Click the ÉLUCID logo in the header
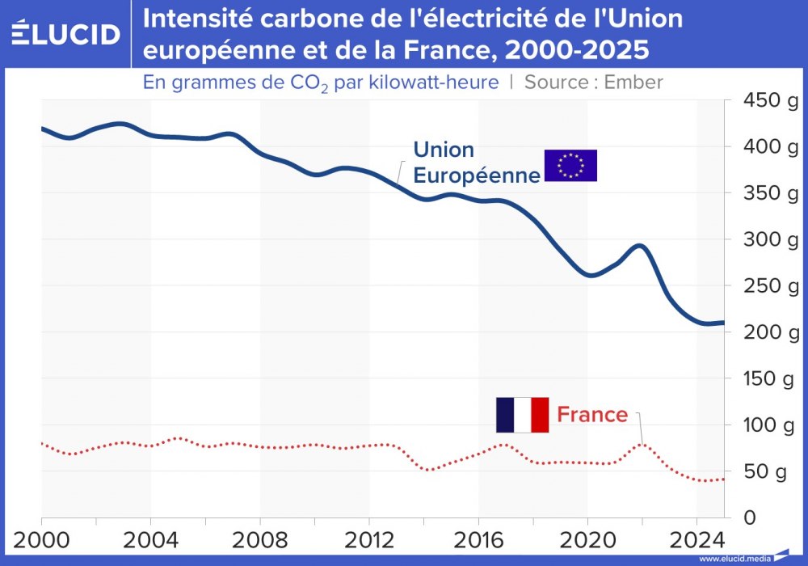[65, 34]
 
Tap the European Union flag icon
[570, 165]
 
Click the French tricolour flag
[522, 415]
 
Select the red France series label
[592, 415]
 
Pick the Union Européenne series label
[476, 163]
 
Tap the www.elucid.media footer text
[734, 559]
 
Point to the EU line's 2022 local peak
[641, 246]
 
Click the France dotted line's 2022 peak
[642, 443]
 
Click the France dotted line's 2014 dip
[429, 469]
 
